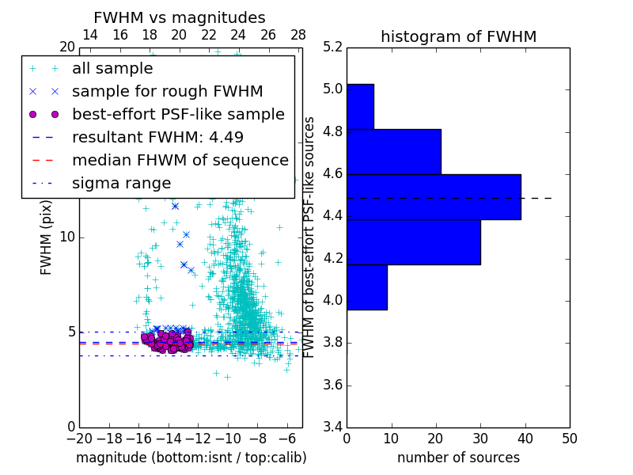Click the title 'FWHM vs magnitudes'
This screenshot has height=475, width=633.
point(180,17)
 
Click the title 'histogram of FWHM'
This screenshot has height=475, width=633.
point(458,36)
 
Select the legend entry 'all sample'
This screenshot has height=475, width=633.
point(112,69)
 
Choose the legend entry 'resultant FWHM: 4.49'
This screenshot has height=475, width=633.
point(157,138)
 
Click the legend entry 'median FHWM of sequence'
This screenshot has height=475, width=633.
point(180,161)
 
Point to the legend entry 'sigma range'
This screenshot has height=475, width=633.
point(121,184)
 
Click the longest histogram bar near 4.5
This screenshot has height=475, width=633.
point(434,196)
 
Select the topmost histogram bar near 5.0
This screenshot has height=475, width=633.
point(360,106)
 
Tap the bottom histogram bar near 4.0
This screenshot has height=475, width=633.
point(366,287)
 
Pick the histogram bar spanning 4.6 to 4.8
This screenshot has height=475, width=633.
point(393,151)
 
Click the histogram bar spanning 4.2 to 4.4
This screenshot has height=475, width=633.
point(413,241)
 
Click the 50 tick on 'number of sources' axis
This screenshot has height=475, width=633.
point(568,438)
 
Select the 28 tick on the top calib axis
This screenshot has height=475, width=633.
point(298,35)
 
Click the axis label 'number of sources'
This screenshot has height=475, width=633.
point(458,458)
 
